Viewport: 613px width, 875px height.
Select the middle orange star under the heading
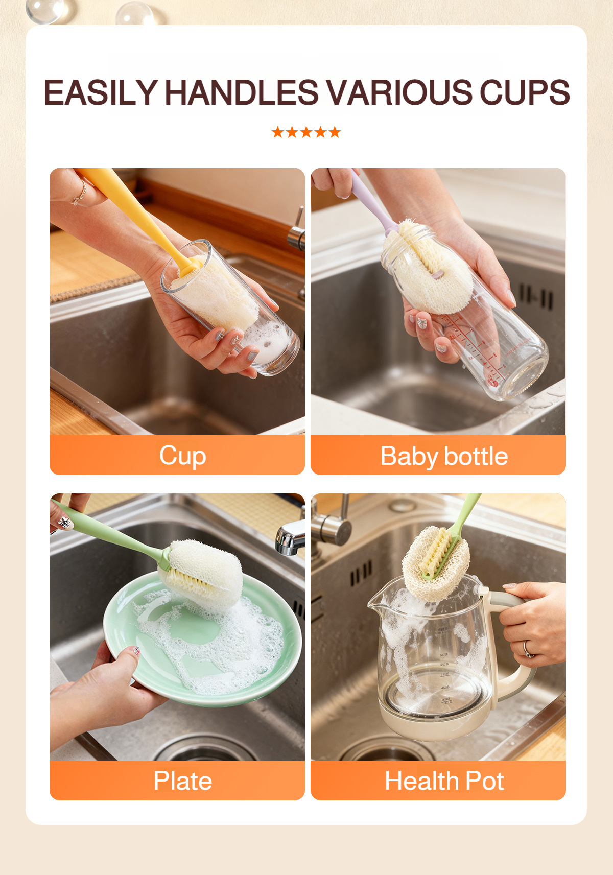[306, 133]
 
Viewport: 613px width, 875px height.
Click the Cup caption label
[182, 456]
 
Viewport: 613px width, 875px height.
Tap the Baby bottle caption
[444, 456]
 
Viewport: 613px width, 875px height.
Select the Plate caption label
[182, 781]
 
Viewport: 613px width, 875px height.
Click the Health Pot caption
[444, 781]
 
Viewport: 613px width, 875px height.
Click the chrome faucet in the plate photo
[290, 539]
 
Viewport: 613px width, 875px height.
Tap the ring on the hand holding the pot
[527, 649]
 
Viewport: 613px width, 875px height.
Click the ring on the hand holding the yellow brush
[80, 197]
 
